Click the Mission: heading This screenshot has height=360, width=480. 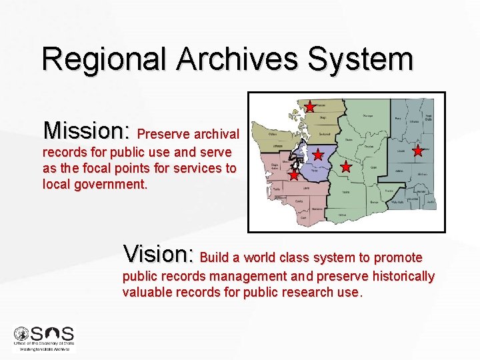[87, 129]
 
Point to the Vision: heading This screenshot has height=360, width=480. [158, 255]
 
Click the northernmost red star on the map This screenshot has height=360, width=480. [310, 107]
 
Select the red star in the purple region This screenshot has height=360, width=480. [318, 155]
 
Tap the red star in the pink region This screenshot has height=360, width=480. [294, 175]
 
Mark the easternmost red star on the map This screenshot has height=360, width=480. [418, 151]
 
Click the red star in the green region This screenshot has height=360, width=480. [345, 167]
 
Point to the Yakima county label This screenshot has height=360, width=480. [346, 191]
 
